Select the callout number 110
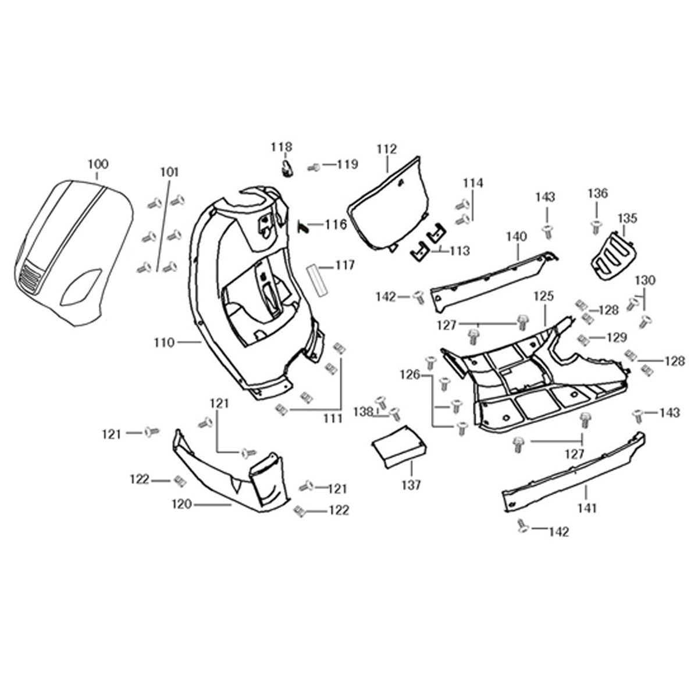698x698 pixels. [165, 343]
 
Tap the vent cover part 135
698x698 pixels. [611, 254]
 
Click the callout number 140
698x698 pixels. [516, 237]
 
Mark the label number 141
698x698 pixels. [587, 508]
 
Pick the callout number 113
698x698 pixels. [460, 251]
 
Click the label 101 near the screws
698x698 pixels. [170, 172]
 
